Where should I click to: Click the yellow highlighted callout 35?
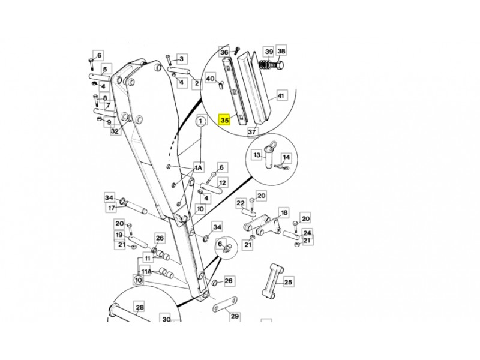(x=224, y=119)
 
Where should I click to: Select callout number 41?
(x=281, y=96)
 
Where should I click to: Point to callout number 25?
(x=288, y=281)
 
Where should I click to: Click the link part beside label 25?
(x=272, y=280)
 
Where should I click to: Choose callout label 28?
(x=140, y=307)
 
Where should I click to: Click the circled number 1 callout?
(x=201, y=121)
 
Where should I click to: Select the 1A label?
(x=199, y=167)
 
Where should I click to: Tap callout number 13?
(x=257, y=155)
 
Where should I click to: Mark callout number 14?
(x=286, y=157)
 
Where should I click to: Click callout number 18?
(x=284, y=212)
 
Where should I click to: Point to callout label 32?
(x=115, y=131)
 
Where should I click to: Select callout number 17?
(x=112, y=208)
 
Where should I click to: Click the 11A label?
(x=146, y=271)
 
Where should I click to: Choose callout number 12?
(x=222, y=183)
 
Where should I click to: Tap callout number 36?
(x=224, y=52)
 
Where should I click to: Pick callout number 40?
(x=211, y=79)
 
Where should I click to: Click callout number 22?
(x=241, y=203)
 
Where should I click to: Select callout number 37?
(x=252, y=132)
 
